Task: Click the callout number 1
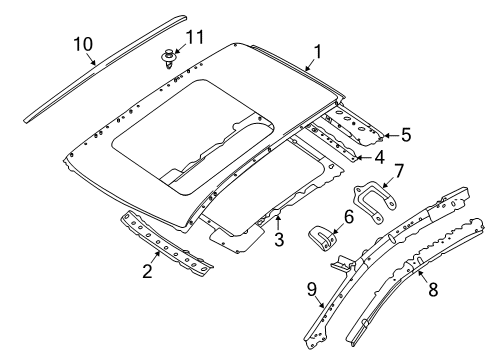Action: click(x=317, y=51)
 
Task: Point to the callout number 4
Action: click(x=378, y=156)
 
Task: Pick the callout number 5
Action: click(x=404, y=133)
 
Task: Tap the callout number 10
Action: click(x=82, y=43)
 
